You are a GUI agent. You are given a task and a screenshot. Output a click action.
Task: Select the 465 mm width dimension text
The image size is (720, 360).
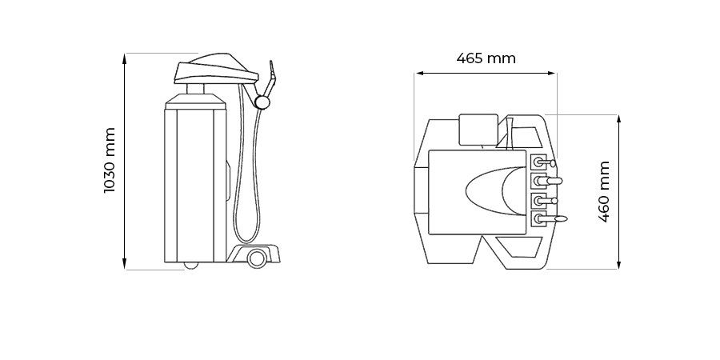[486, 58]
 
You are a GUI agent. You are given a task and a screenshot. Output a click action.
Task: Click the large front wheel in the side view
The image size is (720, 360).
[257, 258]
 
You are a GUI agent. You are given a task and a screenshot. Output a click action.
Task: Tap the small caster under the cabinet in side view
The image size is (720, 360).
[190, 265]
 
